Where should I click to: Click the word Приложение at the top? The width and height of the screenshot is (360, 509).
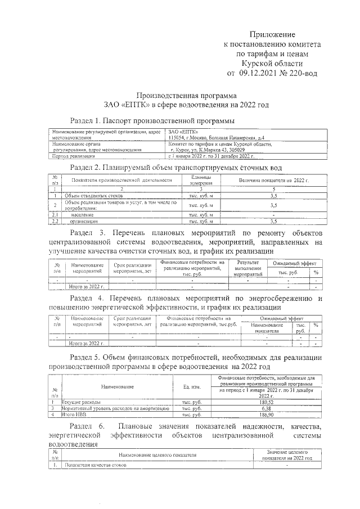272,35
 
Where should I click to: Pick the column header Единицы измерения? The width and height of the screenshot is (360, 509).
201,180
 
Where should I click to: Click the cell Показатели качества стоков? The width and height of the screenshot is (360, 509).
95,466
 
